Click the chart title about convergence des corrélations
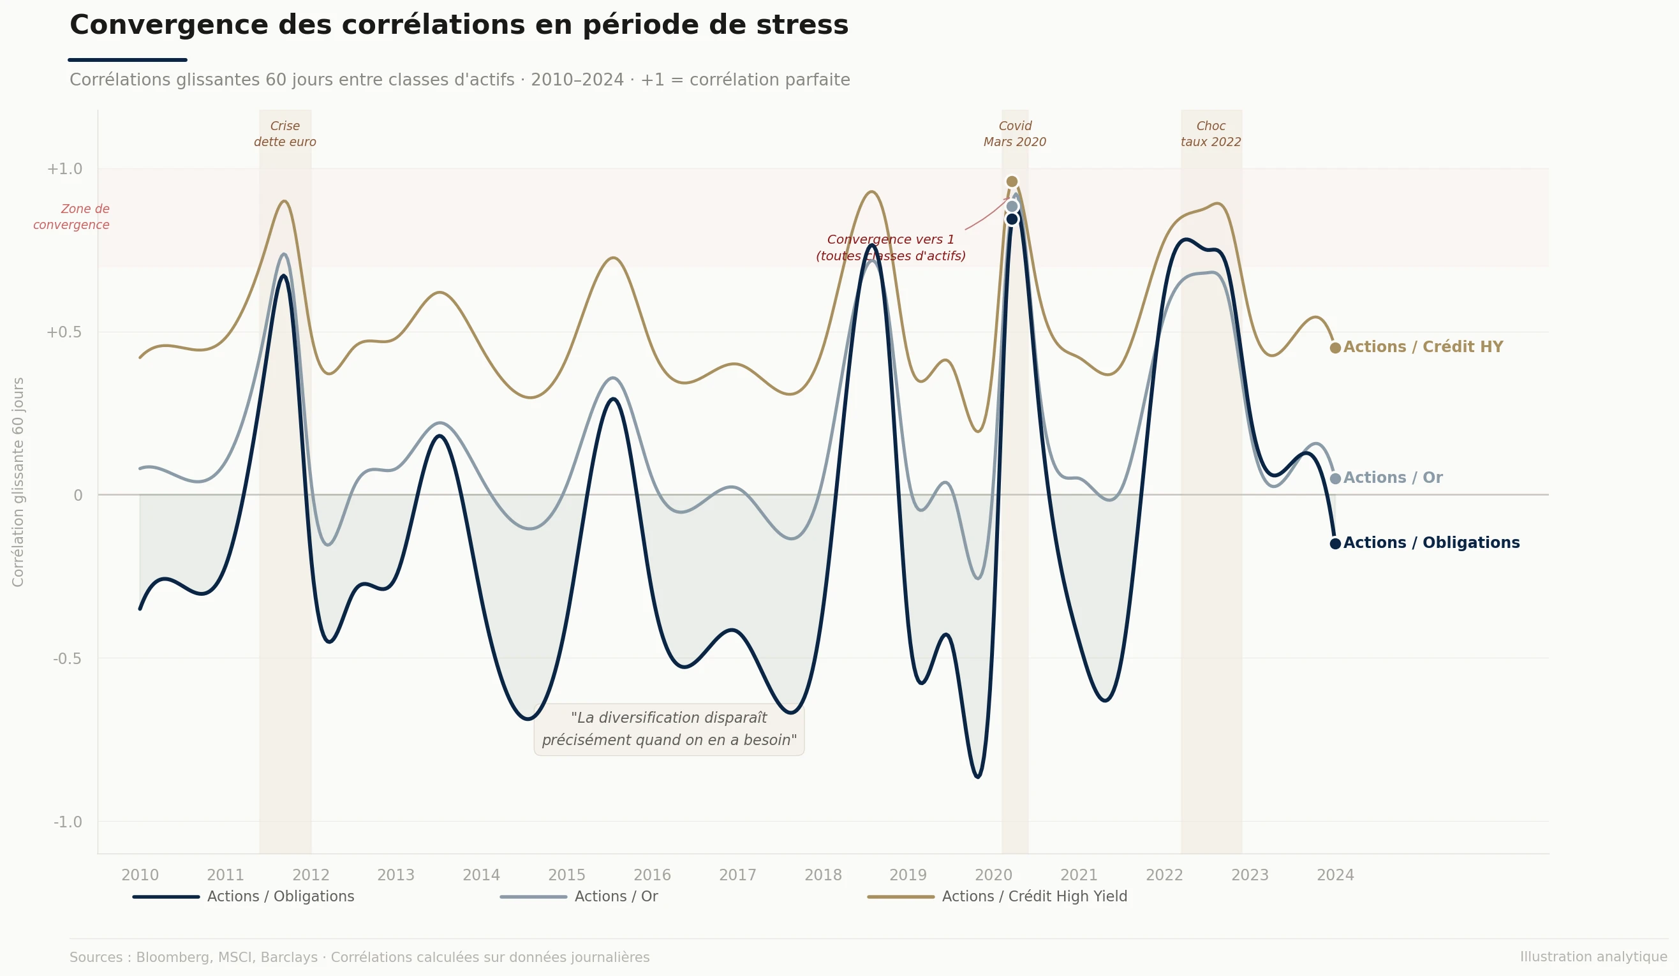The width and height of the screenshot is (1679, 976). coord(459,26)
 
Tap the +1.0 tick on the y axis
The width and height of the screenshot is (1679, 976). coord(64,169)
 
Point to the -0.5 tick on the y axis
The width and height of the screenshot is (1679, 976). coord(66,659)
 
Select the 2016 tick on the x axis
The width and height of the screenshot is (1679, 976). coord(651,875)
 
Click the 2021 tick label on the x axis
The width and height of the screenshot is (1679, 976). coord(1079,875)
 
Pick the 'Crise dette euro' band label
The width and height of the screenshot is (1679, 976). coord(285,134)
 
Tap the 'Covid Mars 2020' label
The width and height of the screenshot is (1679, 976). coord(1015,134)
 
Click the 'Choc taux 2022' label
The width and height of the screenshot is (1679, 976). coord(1211,134)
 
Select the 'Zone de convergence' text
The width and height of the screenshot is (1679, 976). coord(72,217)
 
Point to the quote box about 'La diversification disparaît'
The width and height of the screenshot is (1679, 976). coord(669,729)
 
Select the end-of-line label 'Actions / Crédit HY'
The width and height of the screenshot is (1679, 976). coord(1423,347)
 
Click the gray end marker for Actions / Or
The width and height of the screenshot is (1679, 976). coord(1335,478)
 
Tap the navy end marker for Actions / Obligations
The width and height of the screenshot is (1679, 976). coord(1335,543)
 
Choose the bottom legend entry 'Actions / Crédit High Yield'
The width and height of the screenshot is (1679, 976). coord(1034,897)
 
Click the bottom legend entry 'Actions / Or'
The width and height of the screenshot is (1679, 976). coord(616,897)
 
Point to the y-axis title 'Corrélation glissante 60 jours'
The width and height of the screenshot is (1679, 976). coord(18,482)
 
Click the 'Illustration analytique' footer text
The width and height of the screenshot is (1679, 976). coord(1593,958)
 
